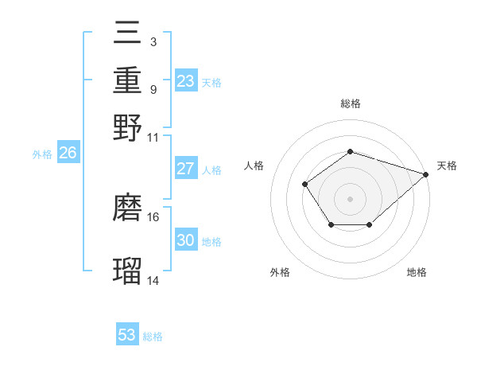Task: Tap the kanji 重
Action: tap(127, 81)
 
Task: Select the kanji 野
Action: tap(127, 127)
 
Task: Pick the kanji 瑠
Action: tap(127, 271)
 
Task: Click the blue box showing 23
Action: tap(185, 81)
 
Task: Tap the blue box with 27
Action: tap(185, 169)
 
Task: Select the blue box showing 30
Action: tap(185, 241)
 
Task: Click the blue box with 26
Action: tap(68, 154)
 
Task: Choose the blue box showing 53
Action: tap(127, 335)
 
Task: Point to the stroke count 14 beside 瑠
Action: tap(153, 280)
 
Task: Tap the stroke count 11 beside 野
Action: tap(153, 137)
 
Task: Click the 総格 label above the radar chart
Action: tap(350, 103)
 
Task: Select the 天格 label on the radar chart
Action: tap(447, 166)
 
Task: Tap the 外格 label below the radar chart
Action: tap(280, 272)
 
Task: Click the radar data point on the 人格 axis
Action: tap(305, 185)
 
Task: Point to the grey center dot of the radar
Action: tap(350, 198)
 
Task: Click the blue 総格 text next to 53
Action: tap(153, 337)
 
